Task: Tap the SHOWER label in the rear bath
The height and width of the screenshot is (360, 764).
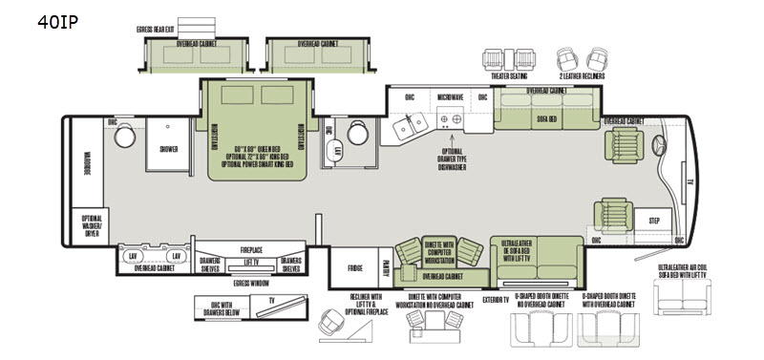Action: tap(168, 148)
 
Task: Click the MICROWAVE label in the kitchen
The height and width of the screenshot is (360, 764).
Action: tap(451, 97)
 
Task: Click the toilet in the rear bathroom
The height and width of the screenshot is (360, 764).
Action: tap(124, 138)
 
